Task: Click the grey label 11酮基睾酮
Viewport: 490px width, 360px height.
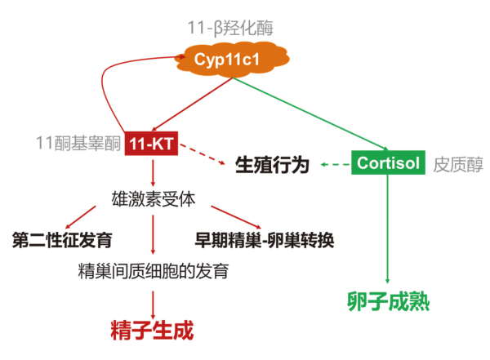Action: pos(78,142)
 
